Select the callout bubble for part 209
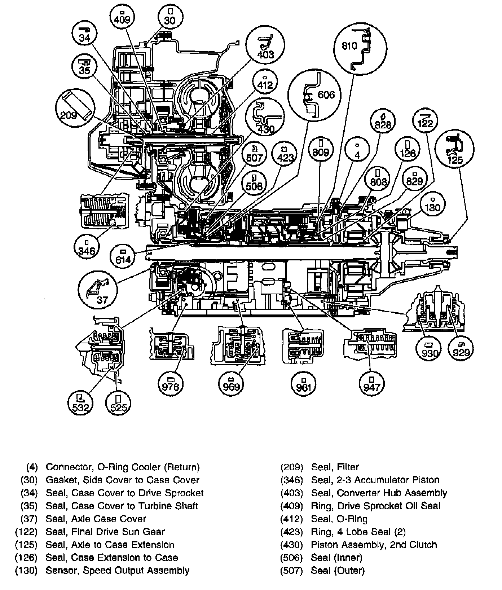75,106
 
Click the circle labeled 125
455,149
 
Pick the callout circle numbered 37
98,291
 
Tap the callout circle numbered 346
87,247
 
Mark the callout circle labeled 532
80,403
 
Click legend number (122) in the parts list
26,532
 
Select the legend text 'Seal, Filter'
335,467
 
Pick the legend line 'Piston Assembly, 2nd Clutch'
374,545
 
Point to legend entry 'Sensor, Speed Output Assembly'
118,571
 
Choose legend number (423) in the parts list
292,532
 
